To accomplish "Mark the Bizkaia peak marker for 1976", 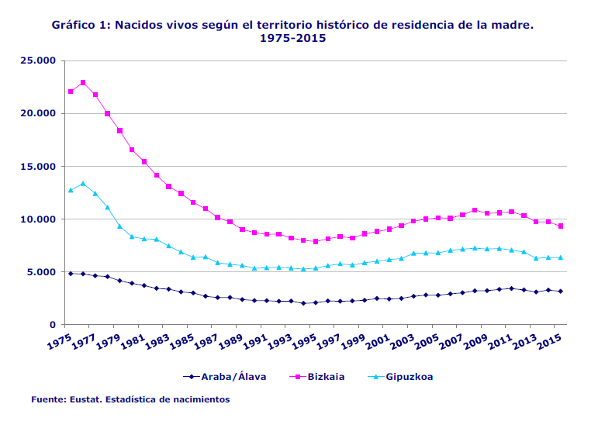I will pyautogui.click(x=83, y=82).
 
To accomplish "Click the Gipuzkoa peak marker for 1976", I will pyautogui.click(x=83, y=184).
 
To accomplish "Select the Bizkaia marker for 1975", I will pyautogui.click(x=71, y=91).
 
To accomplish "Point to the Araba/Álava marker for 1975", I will pyautogui.click(x=71, y=274).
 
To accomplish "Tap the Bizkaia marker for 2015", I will pyautogui.click(x=561, y=226).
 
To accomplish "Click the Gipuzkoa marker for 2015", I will pyautogui.click(x=561, y=257).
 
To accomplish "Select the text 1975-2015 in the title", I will pyautogui.click(x=292, y=38).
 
